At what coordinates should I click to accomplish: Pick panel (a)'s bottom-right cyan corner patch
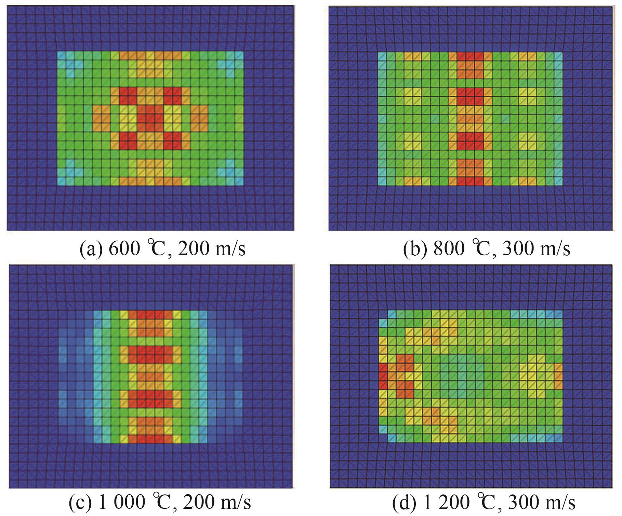(231, 174)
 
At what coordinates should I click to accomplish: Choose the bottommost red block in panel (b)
(470, 178)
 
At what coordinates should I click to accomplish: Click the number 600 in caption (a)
(124, 248)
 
